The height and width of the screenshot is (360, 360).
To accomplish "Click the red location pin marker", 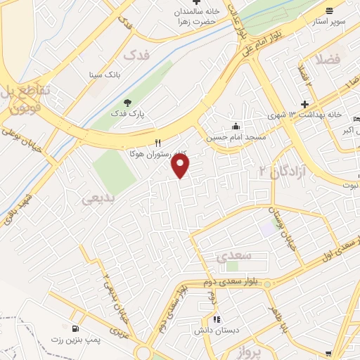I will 181,166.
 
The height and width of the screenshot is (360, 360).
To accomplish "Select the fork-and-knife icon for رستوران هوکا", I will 158,141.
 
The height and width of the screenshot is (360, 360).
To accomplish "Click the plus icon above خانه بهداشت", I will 304,103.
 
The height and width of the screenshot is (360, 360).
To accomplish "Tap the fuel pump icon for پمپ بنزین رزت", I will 75,328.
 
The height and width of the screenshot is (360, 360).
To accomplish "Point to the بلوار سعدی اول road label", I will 332,250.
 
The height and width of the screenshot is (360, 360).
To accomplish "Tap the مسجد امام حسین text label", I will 236,137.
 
